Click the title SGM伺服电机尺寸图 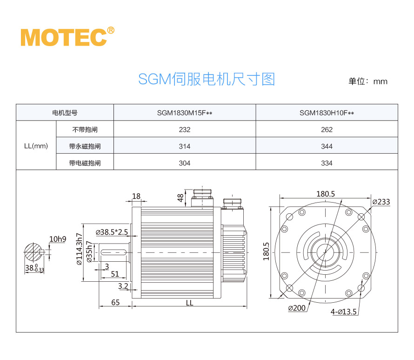[207, 79]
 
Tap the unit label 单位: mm [367, 81]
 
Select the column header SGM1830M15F [185, 113]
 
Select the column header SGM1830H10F [327, 113]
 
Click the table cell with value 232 [185, 129]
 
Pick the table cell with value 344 [327, 146]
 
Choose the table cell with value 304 [185, 163]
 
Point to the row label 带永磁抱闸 [85, 146]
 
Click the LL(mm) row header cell [36, 146]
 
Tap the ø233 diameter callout [381, 202]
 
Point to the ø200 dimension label [297, 308]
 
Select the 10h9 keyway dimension [58, 239]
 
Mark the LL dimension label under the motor [189, 303]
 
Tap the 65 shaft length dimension [115, 302]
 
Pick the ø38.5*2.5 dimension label [112, 232]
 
